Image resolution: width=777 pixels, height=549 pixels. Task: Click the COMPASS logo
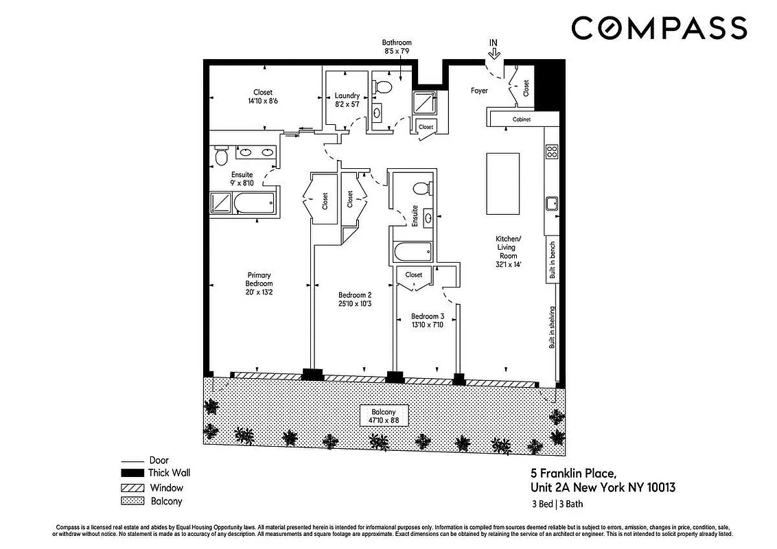tap(659, 28)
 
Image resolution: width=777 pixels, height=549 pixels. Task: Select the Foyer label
tap(479, 91)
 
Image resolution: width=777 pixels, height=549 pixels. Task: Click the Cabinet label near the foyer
tap(522, 119)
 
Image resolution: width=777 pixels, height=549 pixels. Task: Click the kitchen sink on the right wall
tap(550, 203)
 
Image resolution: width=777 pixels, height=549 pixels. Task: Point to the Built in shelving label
tap(551, 327)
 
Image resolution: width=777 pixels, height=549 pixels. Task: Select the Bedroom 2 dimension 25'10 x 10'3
tap(355, 303)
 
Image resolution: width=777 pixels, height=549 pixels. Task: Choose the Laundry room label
tap(347, 96)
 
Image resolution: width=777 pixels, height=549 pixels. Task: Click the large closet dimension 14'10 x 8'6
tap(263, 101)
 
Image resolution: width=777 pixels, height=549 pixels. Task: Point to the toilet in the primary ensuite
tap(221, 157)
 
